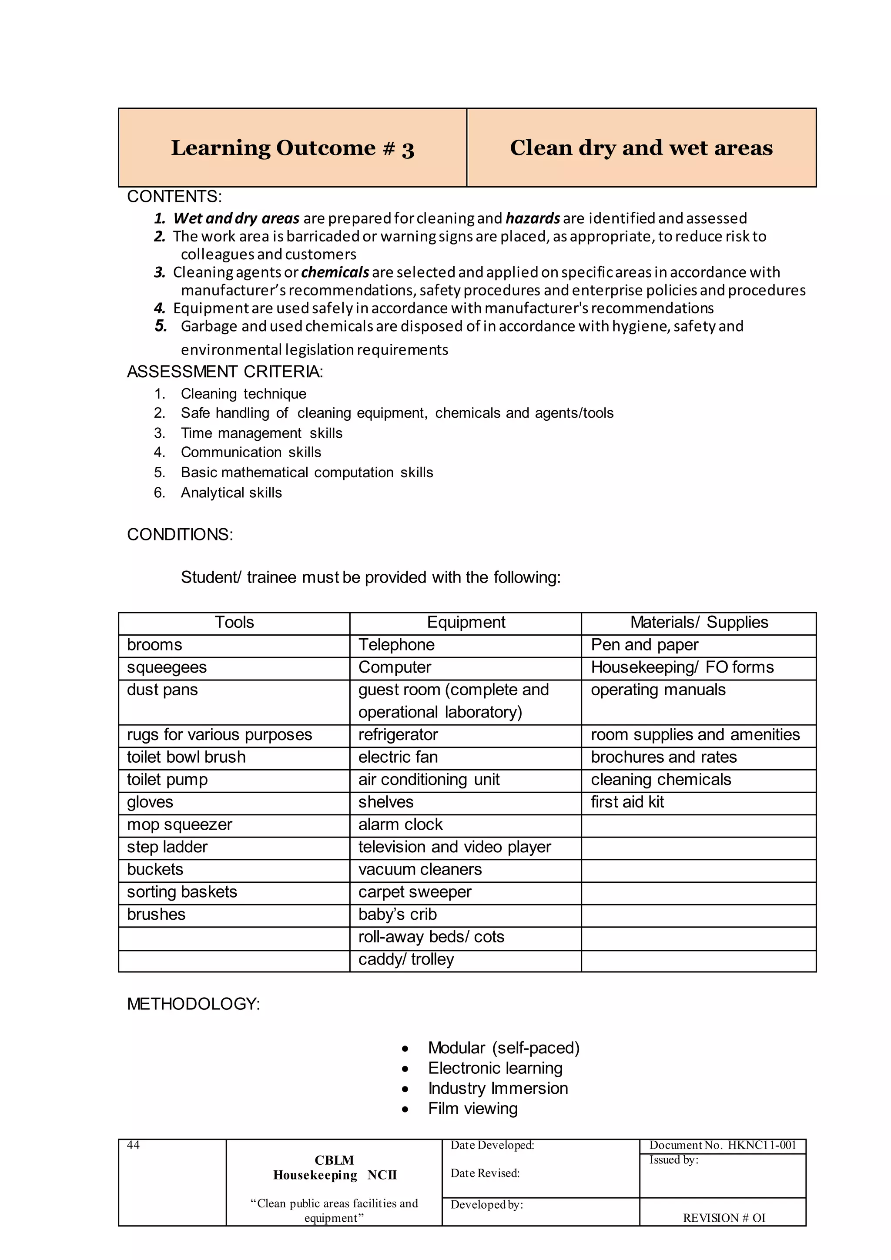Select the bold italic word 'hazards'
(532, 218)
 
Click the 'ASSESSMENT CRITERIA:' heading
(225, 372)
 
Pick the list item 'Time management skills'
(261, 433)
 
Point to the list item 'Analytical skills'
(231, 493)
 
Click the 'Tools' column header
(234, 622)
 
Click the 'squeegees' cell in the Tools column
(167, 667)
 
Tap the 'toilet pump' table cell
(167, 780)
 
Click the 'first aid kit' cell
(627, 802)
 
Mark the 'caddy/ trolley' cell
(406, 959)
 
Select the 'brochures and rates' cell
(663, 757)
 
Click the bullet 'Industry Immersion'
(498, 1088)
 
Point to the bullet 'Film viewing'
(472, 1109)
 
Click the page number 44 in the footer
(133, 1145)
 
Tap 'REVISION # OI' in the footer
(724, 1218)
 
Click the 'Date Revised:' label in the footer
(485, 1173)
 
